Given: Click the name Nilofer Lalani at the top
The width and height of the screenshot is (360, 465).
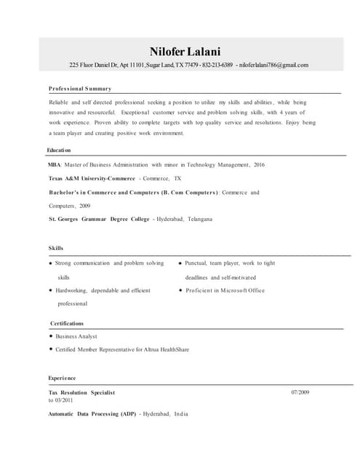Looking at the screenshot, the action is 184,51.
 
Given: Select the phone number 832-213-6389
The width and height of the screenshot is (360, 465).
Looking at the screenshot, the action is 217,65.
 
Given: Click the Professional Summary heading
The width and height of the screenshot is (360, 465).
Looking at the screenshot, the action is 80,89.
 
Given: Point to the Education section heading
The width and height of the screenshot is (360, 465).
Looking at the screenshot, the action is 59,150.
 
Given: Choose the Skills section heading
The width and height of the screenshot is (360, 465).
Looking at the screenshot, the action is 56,248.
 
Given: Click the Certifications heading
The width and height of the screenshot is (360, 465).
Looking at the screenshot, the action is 67,323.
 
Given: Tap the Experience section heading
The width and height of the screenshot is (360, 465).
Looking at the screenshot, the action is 62,379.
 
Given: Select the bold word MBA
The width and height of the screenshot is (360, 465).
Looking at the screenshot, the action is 55,165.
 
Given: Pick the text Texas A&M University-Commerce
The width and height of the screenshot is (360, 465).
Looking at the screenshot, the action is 92,179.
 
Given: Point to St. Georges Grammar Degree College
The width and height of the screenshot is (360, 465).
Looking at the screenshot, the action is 99,219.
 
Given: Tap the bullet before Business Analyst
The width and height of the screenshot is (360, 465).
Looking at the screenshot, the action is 51,336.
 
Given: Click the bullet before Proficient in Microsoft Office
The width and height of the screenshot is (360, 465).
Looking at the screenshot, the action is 180,290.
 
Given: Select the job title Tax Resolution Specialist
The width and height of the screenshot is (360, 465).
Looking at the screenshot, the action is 81,392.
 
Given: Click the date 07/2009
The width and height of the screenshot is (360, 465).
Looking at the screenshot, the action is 300,392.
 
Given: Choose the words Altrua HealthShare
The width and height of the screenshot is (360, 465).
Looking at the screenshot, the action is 166,349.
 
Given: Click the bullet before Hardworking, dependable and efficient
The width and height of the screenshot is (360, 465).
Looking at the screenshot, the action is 51,290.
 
